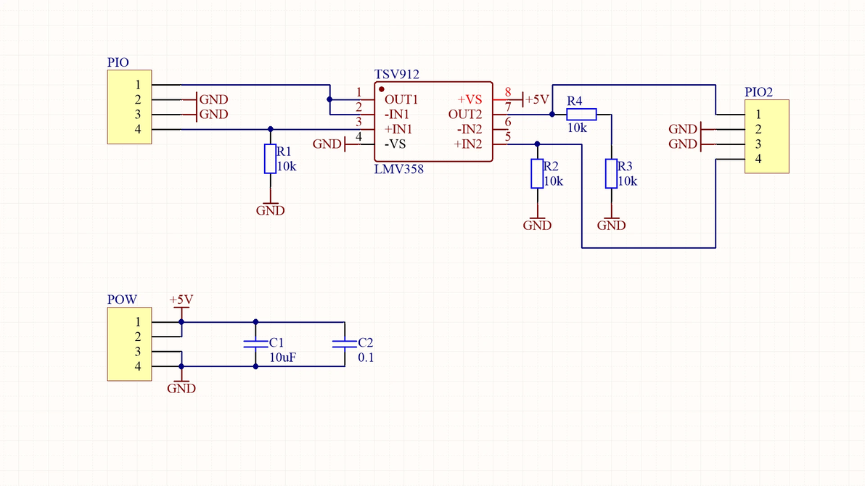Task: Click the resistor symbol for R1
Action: tap(270, 159)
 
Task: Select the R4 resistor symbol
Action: tap(581, 114)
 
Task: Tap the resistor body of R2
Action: tap(537, 174)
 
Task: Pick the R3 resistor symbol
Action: tap(611, 174)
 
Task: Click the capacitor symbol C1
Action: tap(255, 344)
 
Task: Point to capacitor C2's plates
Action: tap(344, 344)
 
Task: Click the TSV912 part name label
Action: tap(397, 74)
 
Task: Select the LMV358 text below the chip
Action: tap(399, 169)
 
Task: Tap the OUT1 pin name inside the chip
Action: tap(401, 99)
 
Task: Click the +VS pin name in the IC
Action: tap(470, 99)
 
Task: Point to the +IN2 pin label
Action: tap(468, 144)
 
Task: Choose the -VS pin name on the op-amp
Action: tap(395, 144)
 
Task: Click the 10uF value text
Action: tap(282, 358)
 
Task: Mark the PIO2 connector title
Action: tap(758, 92)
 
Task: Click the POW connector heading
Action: tap(122, 300)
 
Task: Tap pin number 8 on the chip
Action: tap(507, 91)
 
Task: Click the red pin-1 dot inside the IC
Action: tap(381, 89)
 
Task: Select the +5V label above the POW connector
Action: tap(181, 300)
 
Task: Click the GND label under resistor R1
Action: tap(270, 210)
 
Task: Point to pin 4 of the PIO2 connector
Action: tap(758, 159)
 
